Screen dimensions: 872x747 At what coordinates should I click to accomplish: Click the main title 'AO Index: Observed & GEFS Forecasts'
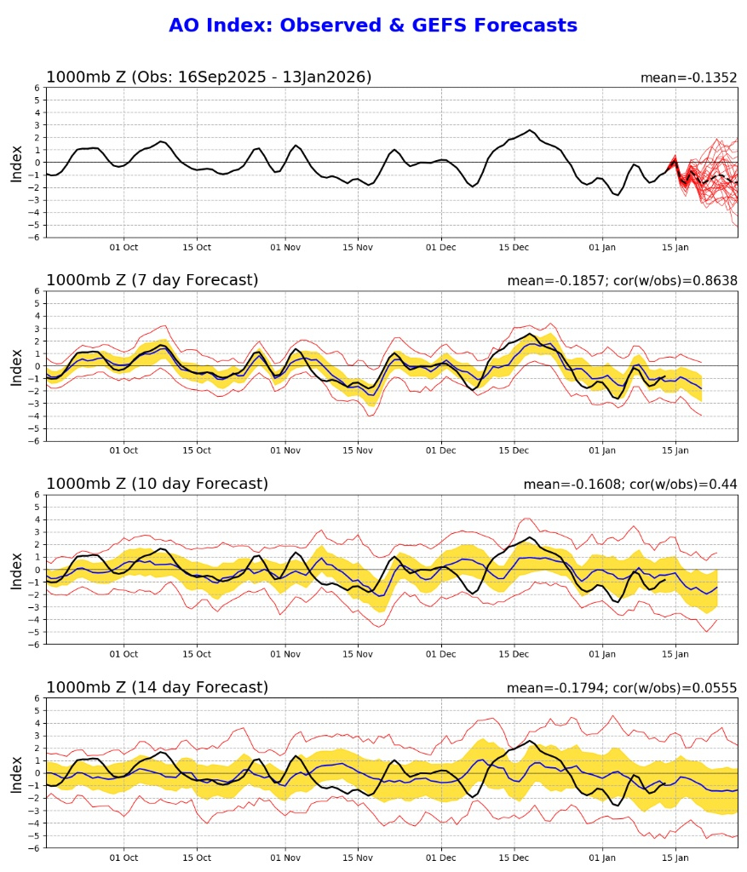click(373, 26)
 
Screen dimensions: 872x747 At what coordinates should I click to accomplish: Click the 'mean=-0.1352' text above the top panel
click(688, 77)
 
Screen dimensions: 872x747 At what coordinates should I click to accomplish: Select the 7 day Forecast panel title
click(152, 280)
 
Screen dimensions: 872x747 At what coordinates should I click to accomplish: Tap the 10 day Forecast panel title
click(157, 484)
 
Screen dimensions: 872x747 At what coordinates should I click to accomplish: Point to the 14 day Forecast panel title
click(157, 687)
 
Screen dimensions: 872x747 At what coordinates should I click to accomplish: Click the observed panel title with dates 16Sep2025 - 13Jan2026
click(209, 77)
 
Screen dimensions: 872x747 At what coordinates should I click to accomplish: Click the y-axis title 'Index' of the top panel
click(17, 162)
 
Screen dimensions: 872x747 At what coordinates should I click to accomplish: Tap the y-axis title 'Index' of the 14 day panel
click(17, 772)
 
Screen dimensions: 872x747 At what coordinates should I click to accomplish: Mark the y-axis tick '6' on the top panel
click(37, 88)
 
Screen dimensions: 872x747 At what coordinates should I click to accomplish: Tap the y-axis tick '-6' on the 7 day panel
click(35, 440)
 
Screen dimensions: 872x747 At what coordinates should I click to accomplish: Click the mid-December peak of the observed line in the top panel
click(530, 130)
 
